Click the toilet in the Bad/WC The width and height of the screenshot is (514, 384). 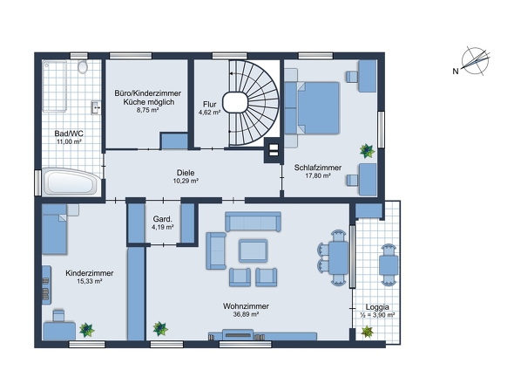(x=83, y=67)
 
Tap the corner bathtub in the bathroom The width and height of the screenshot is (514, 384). (x=71, y=182)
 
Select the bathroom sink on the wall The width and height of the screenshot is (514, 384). (x=96, y=107)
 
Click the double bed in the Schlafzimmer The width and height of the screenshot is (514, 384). (x=318, y=108)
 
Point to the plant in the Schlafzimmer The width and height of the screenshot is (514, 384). (x=367, y=151)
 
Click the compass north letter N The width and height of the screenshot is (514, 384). (x=456, y=71)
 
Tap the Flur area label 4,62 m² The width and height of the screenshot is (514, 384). (x=209, y=113)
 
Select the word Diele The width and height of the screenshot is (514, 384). (x=186, y=173)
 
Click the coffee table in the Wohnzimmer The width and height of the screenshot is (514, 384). (x=253, y=250)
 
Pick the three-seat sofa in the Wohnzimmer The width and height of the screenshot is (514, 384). (x=253, y=222)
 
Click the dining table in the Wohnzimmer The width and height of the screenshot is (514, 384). (x=339, y=257)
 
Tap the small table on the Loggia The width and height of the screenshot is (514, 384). (x=389, y=264)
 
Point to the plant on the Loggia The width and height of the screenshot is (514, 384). (x=367, y=332)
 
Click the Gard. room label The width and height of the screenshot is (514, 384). (x=163, y=219)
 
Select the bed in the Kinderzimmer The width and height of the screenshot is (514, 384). (x=55, y=230)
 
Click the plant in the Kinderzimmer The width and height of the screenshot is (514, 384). (x=86, y=330)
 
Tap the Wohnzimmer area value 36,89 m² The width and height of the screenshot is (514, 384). (x=246, y=314)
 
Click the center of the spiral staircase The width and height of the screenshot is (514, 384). (x=235, y=103)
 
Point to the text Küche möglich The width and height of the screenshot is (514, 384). (x=148, y=102)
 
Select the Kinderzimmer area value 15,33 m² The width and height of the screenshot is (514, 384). (x=90, y=281)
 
